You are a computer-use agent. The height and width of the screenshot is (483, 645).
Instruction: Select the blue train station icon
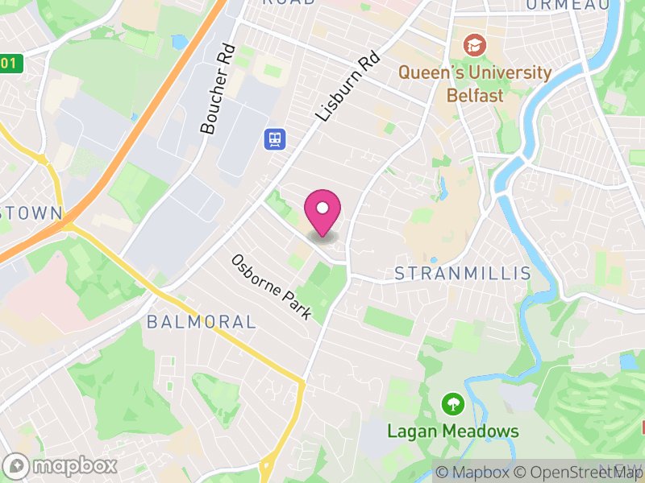(274, 138)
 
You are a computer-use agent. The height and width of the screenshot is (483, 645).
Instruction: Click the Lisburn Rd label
(347, 87)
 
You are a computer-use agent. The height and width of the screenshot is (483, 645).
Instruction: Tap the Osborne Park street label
(271, 287)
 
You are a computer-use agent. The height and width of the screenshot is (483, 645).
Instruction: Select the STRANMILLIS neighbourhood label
(463, 274)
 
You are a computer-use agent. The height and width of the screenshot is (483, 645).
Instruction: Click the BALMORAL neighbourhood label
(202, 322)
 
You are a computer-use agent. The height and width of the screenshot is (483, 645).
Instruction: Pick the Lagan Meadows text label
(453, 431)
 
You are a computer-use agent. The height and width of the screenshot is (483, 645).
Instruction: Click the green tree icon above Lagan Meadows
(453, 402)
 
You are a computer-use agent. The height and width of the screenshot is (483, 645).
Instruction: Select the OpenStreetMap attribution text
(580, 473)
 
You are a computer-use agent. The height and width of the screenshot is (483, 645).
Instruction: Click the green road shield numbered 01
(9, 63)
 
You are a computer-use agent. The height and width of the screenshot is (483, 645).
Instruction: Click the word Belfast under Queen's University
(476, 95)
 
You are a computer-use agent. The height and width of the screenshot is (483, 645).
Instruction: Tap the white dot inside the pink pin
(322, 208)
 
